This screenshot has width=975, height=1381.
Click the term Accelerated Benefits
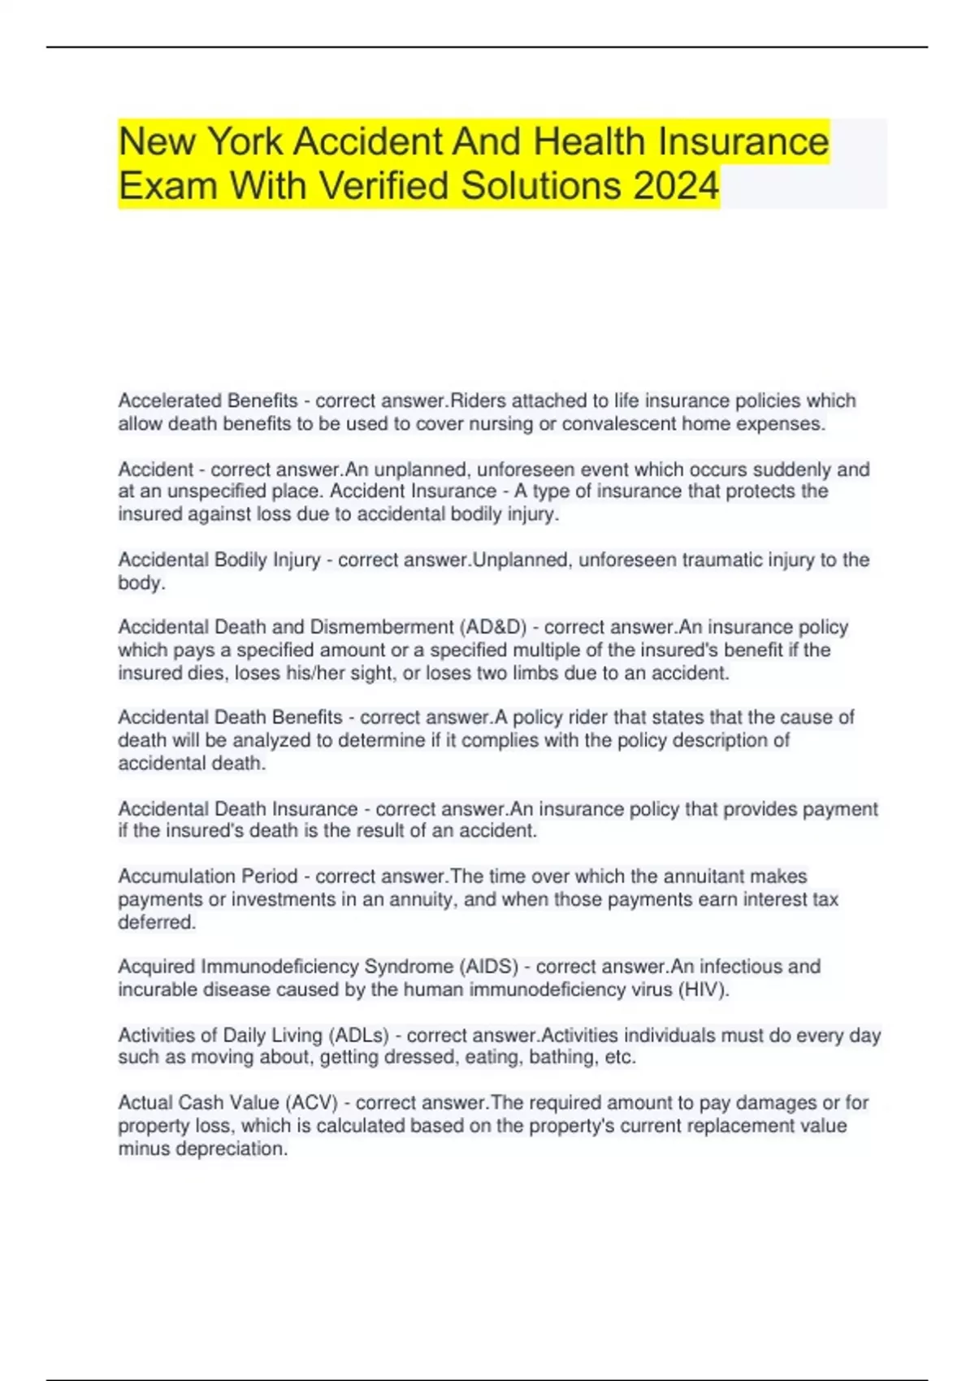(x=208, y=400)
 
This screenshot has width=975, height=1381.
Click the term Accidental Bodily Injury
(x=219, y=560)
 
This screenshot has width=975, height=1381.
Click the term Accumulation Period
(x=208, y=877)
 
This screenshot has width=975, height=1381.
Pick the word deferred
(x=157, y=922)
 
